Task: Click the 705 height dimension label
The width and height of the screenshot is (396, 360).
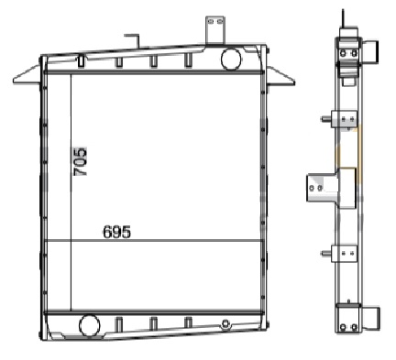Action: (x=81, y=162)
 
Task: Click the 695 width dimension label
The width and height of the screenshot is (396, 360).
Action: (x=117, y=232)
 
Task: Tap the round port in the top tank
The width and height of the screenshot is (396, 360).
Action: (x=231, y=59)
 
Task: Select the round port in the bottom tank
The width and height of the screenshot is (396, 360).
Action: (x=90, y=325)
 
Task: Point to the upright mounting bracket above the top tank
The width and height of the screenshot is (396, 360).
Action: (x=215, y=30)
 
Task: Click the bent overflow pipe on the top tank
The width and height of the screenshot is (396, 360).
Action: (x=133, y=40)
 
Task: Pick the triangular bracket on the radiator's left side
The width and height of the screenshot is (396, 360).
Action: (x=27, y=75)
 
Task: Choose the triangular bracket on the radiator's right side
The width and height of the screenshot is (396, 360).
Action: (x=281, y=76)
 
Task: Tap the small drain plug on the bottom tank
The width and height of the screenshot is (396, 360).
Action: (x=225, y=324)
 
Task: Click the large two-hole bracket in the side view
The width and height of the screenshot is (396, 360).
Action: (x=331, y=188)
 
